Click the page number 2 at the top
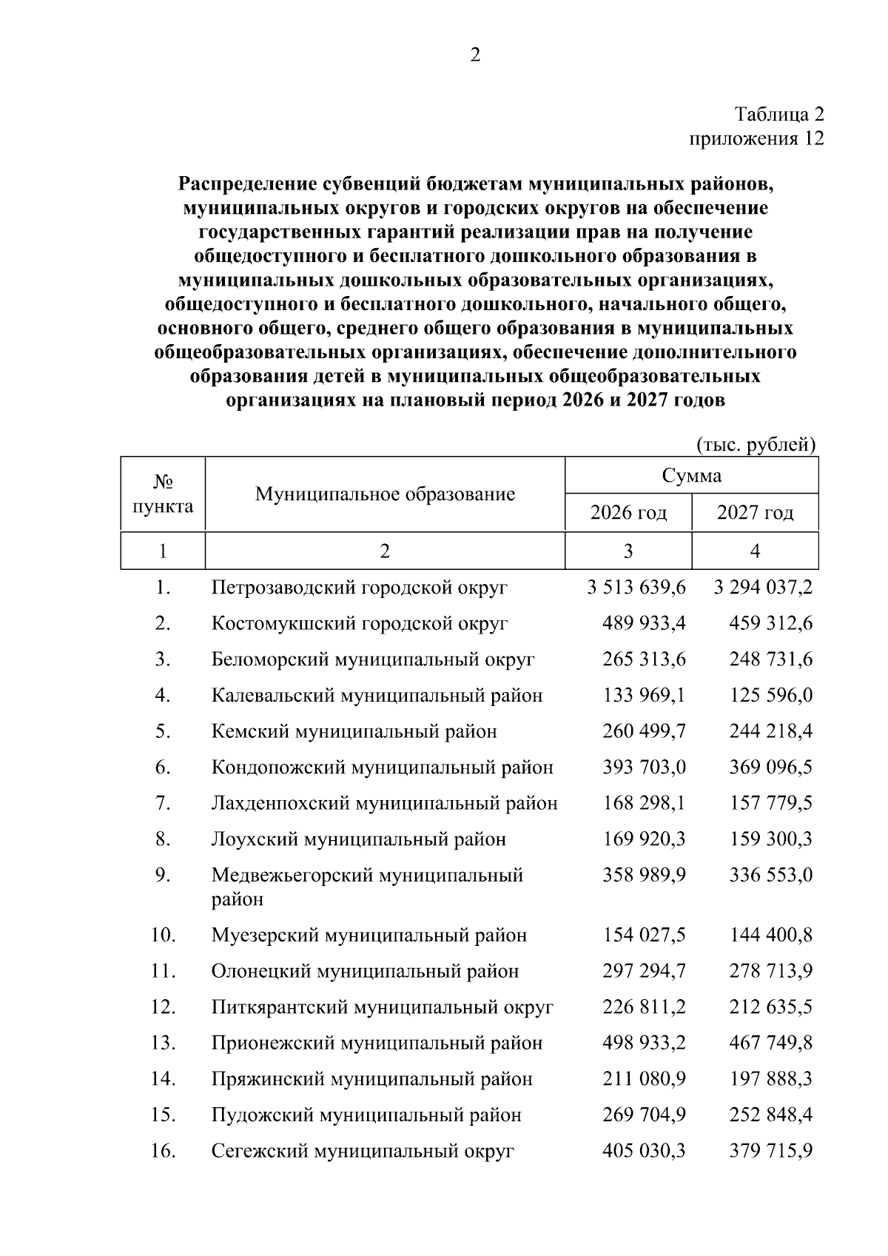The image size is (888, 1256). [475, 55]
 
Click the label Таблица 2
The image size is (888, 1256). [778, 115]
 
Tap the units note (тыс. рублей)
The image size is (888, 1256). [756, 444]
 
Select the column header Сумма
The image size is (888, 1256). [691, 475]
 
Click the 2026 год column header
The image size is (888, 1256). [628, 512]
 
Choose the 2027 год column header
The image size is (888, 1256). [755, 512]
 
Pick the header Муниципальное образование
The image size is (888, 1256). [385, 494]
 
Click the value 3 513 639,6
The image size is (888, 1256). [636, 588]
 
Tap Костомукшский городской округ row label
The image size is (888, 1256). [360, 623]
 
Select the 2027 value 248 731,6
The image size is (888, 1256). [771, 659]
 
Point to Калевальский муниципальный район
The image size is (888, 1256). [377, 696]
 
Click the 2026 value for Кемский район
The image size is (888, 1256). [645, 731]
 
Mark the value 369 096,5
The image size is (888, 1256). [771, 768]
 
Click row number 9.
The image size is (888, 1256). [163, 875]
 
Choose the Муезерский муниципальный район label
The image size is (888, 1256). [369, 936]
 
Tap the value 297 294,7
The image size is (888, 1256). [645, 971]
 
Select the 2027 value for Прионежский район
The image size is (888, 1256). [771, 1043]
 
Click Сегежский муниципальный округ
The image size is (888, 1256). [363, 1152]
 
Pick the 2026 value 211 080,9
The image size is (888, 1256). [645, 1079]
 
